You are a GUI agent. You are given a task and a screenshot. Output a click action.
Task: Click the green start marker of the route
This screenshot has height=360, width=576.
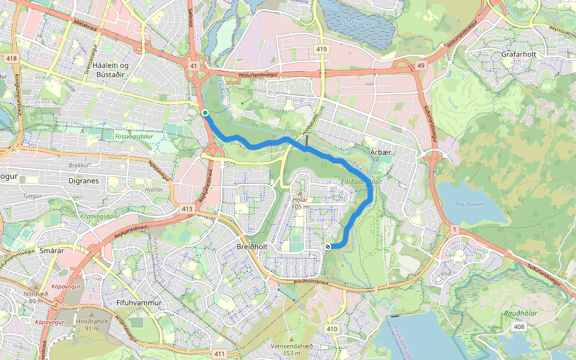click(x=205, y=113)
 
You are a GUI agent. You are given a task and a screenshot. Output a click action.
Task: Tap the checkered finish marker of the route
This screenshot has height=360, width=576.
click(x=328, y=246)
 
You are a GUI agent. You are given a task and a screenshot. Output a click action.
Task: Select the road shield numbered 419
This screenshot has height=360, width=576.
click(x=322, y=49)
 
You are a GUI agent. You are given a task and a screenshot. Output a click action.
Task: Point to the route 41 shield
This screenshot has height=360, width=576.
click(x=193, y=66)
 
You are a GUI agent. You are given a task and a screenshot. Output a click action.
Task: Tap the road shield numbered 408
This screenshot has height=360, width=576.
click(x=519, y=326)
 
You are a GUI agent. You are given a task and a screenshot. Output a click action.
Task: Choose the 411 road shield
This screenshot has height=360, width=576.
click(x=220, y=353)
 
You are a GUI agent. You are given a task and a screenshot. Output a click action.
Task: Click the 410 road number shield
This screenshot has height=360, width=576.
click(x=332, y=329)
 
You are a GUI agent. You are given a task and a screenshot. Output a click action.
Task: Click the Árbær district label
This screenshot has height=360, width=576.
click(x=380, y=152)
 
